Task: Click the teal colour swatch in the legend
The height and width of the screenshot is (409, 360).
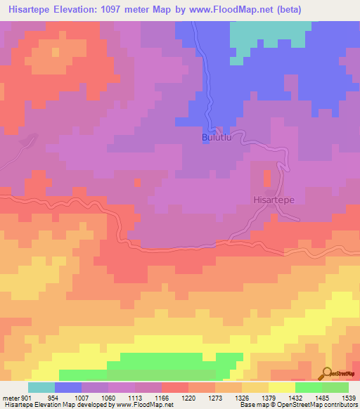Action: [x=41, y=387]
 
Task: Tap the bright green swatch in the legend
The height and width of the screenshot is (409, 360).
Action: [x=309, y=387]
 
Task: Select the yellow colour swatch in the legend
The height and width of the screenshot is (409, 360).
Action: [x=282, y=387]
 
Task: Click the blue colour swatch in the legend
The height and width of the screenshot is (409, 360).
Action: [x=68, y=387]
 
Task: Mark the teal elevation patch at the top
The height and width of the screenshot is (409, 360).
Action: [x=267, y=35]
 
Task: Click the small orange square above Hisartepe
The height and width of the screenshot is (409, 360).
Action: [x=266, y=178]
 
